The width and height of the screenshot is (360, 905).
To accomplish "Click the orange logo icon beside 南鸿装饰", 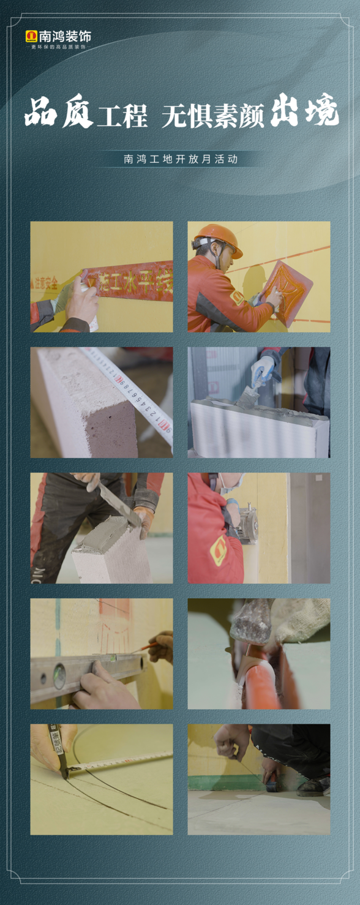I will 31,37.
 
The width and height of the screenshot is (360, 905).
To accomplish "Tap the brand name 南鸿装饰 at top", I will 65,37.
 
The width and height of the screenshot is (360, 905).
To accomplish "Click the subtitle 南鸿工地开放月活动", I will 181,159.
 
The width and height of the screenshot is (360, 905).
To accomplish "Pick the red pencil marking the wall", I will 142,648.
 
